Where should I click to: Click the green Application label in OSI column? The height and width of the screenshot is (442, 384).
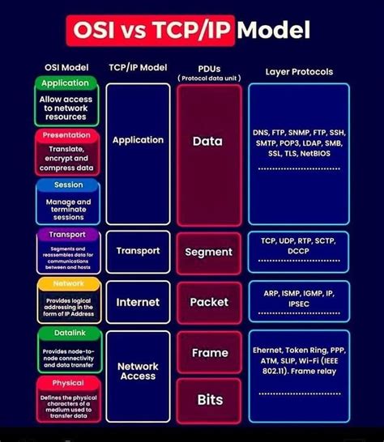[x=65, y=83]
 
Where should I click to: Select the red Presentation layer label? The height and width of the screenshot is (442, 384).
[x=66, y=135]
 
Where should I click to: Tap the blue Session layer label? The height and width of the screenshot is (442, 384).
[x=67, y=185]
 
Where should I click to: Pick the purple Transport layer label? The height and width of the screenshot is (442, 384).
[x=67, y=235]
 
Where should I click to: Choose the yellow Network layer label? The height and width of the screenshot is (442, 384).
[x=68, y=284]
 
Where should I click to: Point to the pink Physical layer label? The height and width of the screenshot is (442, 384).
[x=68, y=383]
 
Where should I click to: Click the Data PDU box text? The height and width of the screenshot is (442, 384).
[x=208, y=141]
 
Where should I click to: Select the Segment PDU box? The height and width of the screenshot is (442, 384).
[x=208, y=252]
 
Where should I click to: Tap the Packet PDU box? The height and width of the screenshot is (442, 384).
[x=209, y=302]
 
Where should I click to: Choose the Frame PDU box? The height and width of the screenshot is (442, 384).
[x=209, y=353]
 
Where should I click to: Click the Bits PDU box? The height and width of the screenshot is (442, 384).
[x=209, y=400]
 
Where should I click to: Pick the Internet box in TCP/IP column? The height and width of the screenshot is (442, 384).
[x=138, y=302]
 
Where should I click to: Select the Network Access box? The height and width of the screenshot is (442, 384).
[x=138, y=372]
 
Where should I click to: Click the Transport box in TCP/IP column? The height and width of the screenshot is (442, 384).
[x=138, y=251]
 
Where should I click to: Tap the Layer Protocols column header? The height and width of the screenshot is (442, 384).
[x=299, y=72]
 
